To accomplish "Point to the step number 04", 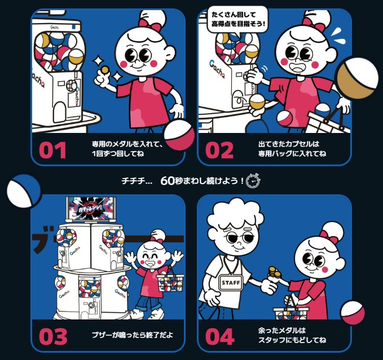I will pos(219,336).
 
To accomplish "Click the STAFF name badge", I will pos(230,282).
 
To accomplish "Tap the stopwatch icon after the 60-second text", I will pos(253,181).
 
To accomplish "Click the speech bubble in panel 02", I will pos(237,19).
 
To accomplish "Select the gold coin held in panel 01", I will pos(104,69).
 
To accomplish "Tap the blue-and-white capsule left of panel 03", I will pos(23,191).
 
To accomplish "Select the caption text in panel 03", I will pos(132,335).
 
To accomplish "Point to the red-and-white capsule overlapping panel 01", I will pos(179,135).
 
